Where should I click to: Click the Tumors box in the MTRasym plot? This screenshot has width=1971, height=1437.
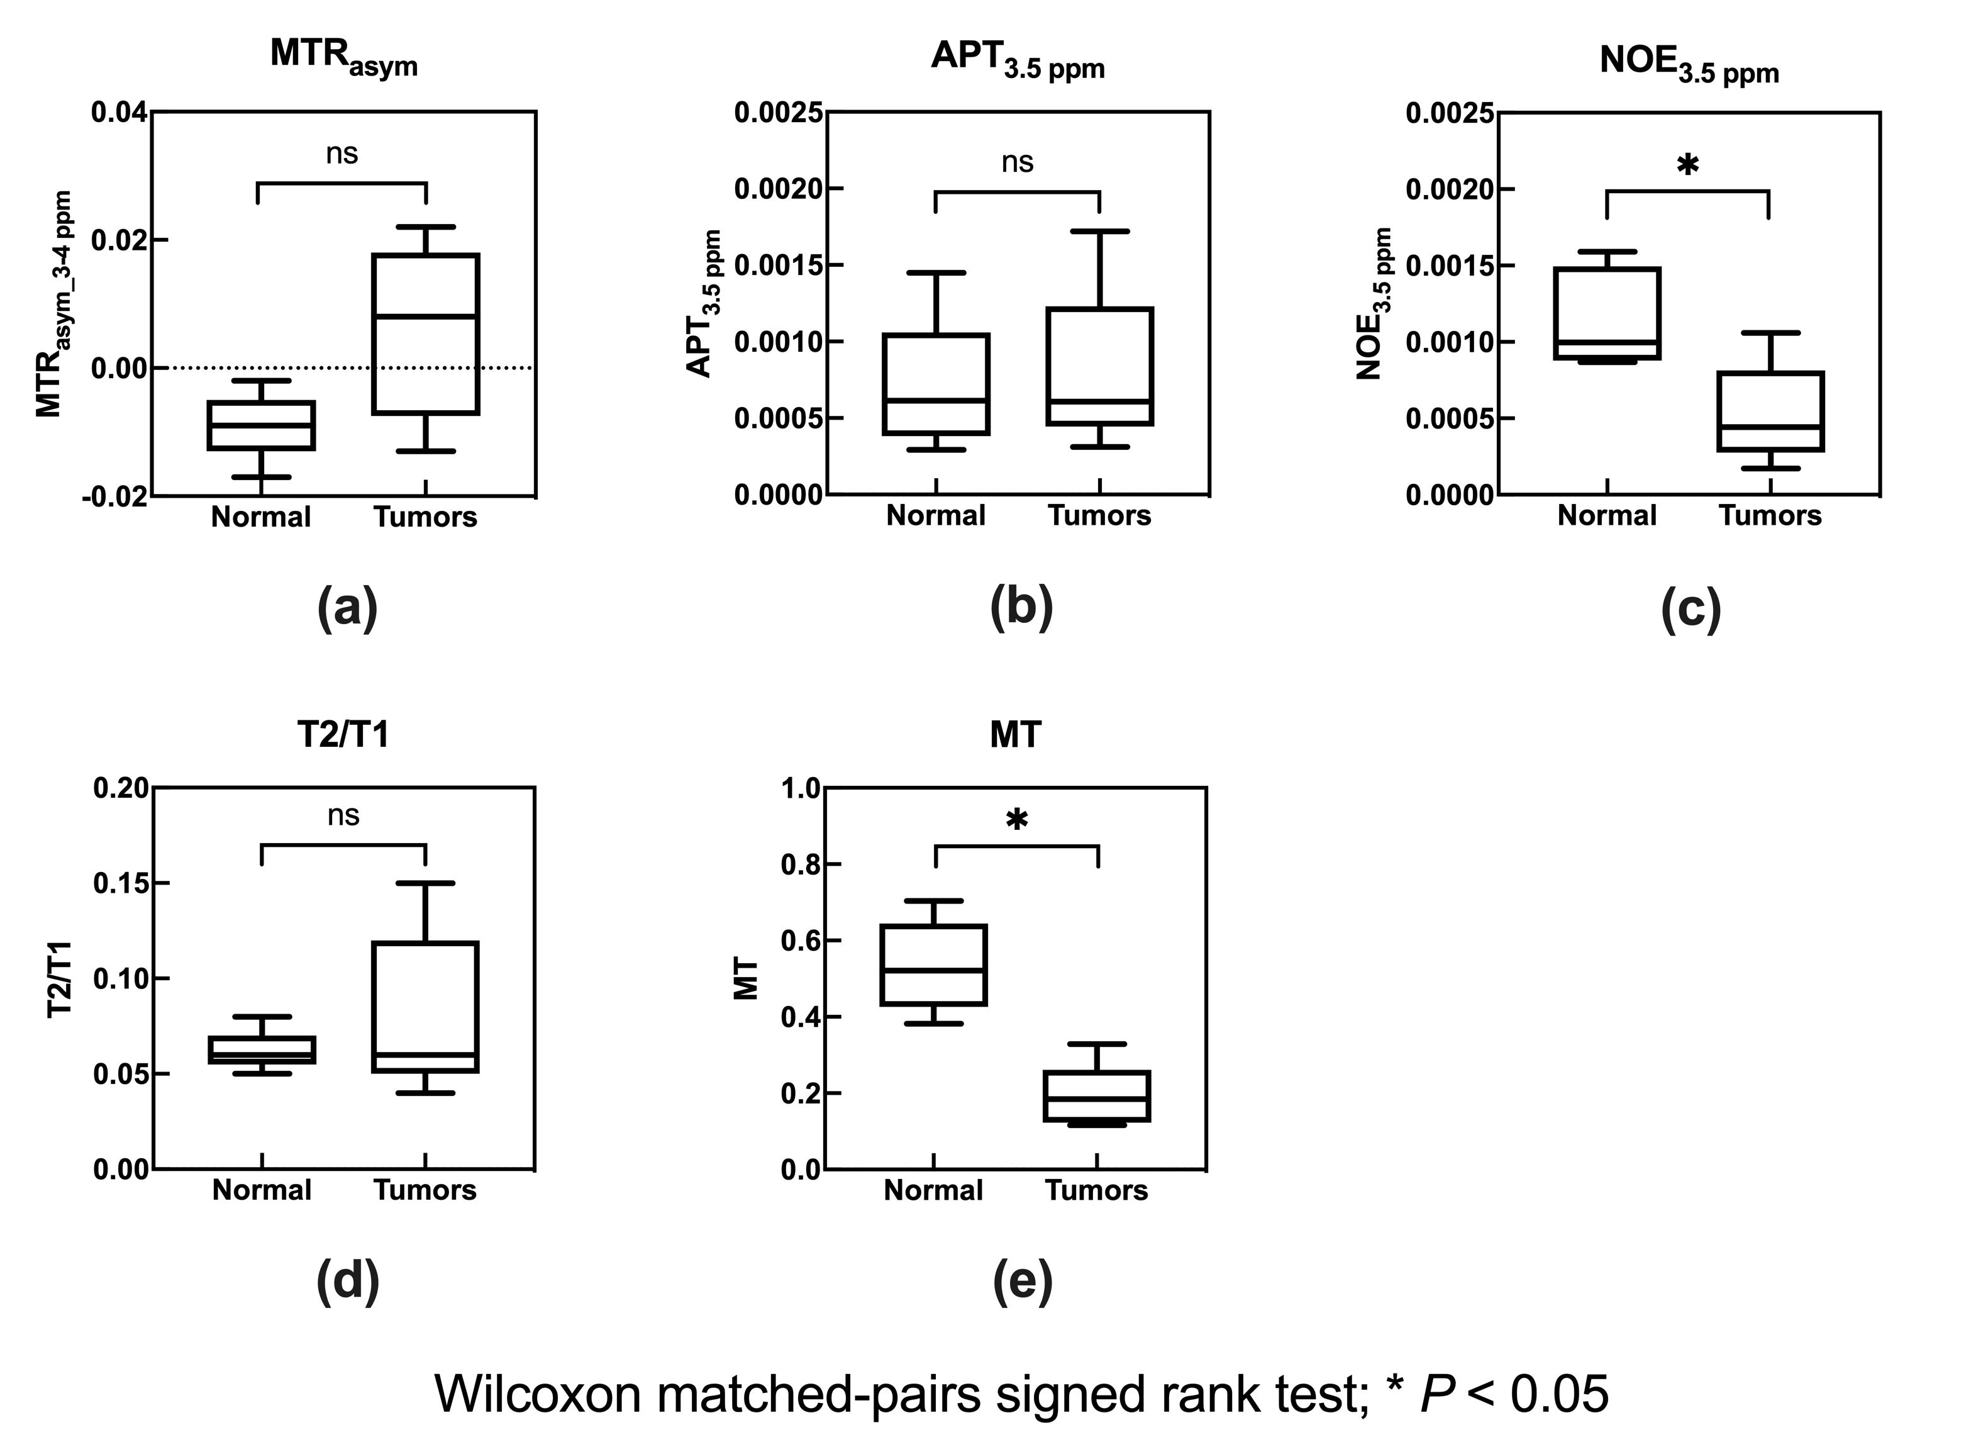click(425, 334)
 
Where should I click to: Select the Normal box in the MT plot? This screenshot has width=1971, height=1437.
click(934, 965)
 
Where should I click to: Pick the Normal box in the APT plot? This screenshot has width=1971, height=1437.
click(936, 384)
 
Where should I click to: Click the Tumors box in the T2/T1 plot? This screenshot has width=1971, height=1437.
click(425, 1007)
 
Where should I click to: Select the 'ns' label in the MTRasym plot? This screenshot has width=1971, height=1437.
click(341, 154)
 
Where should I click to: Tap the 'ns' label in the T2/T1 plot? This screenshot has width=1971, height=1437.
click(343, 816)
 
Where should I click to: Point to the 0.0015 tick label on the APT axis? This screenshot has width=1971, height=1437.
click(778, 266)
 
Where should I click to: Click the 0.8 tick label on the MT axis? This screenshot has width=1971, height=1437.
click(800, 864)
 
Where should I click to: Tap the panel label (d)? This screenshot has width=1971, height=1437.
click(348, 1282)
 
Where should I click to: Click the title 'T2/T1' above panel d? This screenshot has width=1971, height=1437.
click(343, 735)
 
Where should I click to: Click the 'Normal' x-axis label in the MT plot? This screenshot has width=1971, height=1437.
click(933, 1190)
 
